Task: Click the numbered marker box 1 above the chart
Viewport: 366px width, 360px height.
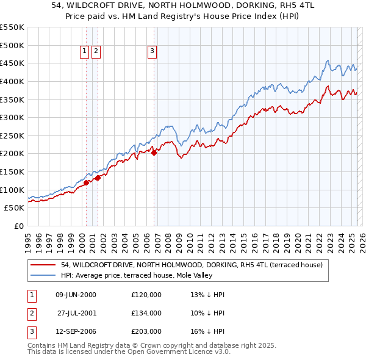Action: coord(85,51)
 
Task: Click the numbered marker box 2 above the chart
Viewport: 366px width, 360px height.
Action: coord(96,51)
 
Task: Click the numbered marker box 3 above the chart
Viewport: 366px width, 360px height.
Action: coord(152,51)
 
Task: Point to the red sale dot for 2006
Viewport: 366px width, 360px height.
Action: coord(154,153)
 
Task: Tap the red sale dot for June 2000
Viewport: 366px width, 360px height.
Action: coord(86,182)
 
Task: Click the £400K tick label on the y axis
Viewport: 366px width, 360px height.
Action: coord(12,81)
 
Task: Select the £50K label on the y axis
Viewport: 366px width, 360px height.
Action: coord(14,208)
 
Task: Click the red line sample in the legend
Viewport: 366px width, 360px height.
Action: coord(43,265)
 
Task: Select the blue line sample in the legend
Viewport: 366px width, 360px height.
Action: coord(43,275)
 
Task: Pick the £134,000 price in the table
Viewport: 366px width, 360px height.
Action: coord(146,313)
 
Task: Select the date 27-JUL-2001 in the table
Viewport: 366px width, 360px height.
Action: coord(76,313)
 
